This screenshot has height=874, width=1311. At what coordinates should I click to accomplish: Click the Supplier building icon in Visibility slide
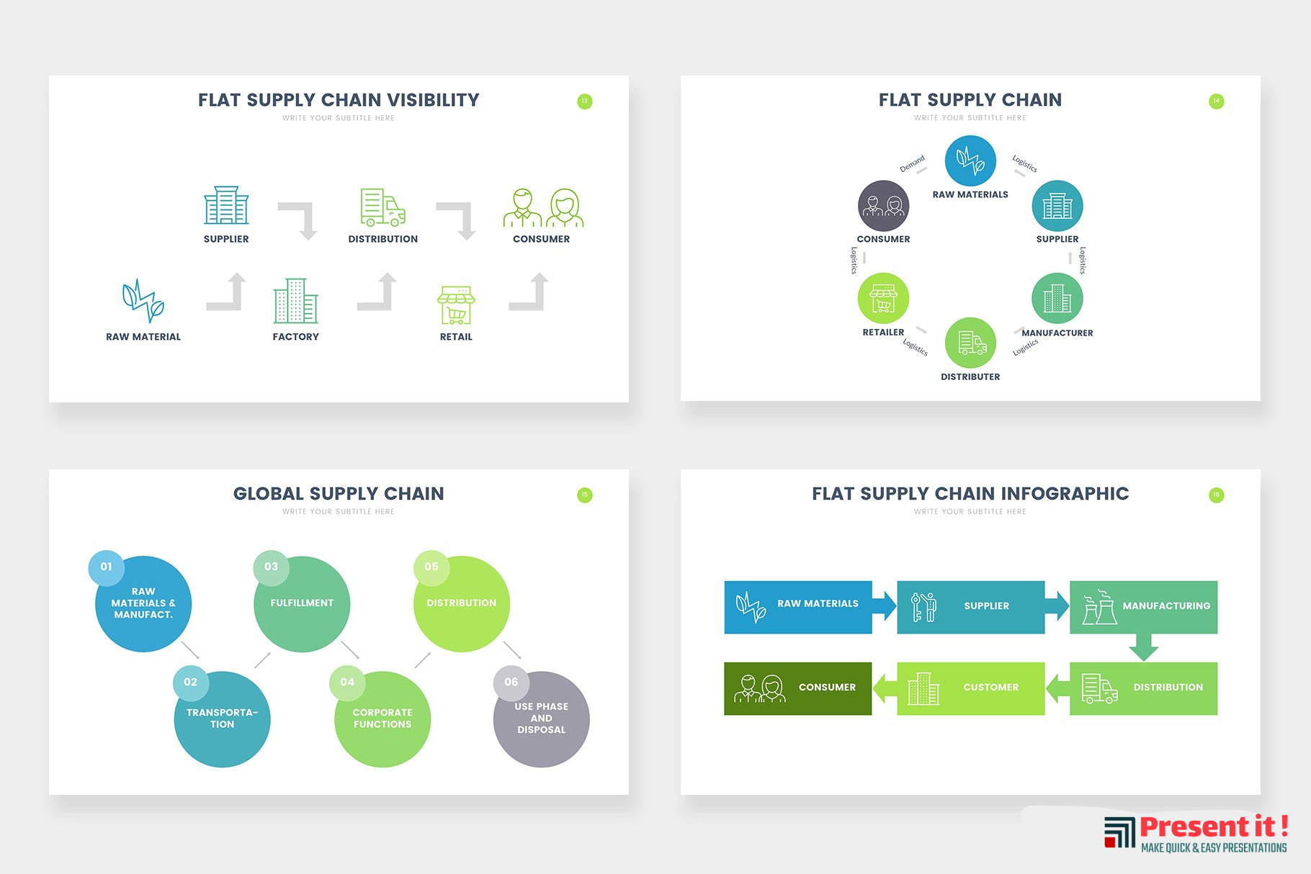pyautogui.click(x=226, y=206)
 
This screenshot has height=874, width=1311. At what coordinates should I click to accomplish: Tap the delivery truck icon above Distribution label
pyautogui.click(x=382, y=207)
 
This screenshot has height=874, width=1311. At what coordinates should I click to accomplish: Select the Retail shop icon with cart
pyautogui.click(x=456, y=305)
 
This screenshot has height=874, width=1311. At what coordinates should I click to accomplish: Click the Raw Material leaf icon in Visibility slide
pyautogui.click(x=143, y=300)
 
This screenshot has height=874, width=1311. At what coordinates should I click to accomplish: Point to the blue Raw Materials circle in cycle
pyautogui.click(x=970, y=161)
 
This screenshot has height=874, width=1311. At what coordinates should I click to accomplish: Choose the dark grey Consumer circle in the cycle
pyautogui.click(x=883, y=206)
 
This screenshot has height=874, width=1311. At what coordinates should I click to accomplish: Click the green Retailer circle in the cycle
pyautogui.click(x=883, y=298)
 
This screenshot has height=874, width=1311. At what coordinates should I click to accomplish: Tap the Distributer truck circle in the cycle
pyautogui.click(x=970, y=343)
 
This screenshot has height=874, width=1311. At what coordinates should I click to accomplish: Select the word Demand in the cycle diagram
pyautogui.click(x=911, y=163)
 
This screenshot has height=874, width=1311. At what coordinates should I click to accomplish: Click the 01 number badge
pyautogui.click(x=107, y=567)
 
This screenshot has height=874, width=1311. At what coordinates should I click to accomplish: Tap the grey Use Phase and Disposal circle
pyautogui.click(x=542, y=720)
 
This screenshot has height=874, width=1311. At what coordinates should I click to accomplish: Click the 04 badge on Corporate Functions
pyautogui.click(x=347, y=682)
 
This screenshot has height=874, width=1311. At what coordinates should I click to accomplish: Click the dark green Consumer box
pyautogui.click(x=797, y=688)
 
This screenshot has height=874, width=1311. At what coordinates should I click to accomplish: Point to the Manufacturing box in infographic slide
pyautogui.click(x=1143, y=607)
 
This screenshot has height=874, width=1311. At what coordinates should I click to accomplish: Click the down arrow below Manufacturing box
pyautogui.click(x=1143, y=647)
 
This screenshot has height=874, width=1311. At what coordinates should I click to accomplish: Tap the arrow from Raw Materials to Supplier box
pyautogui.click(x=885, y=605)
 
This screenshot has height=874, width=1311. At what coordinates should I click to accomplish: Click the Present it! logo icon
pyautogui.click(x=1119, y=833)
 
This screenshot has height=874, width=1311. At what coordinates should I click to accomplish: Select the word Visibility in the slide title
pyautogui.click(x=433, y=100)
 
